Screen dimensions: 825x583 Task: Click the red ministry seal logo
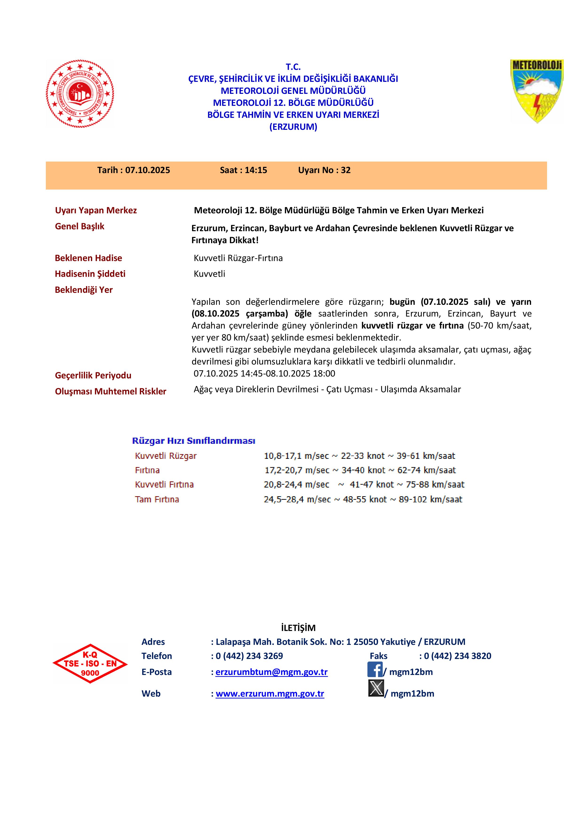(x=80, y=94)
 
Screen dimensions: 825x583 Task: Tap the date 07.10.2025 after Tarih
(x=148, y=170)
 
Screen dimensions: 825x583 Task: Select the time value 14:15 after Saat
(x=256, y=170)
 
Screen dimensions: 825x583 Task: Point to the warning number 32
(x=346, y=170)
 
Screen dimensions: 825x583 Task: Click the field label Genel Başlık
(x=79, y=226)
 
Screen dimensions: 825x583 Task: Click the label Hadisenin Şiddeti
(x=90, y=274)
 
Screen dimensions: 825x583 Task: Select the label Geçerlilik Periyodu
(x=93, y=376)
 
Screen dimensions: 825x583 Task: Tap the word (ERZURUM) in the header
(x=293, y=127)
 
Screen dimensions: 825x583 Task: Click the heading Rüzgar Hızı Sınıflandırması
(x=194, y=441)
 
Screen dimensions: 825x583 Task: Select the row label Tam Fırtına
(x=157, y=500)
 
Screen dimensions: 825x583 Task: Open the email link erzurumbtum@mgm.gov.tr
(x=272, y=672)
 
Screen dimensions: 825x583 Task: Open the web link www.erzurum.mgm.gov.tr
(x=270, y=694)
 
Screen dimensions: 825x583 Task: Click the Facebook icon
(x=375, y=670)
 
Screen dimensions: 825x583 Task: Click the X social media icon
(x=376, y=688)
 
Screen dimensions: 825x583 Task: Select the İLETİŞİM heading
(x=298, y=628)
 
